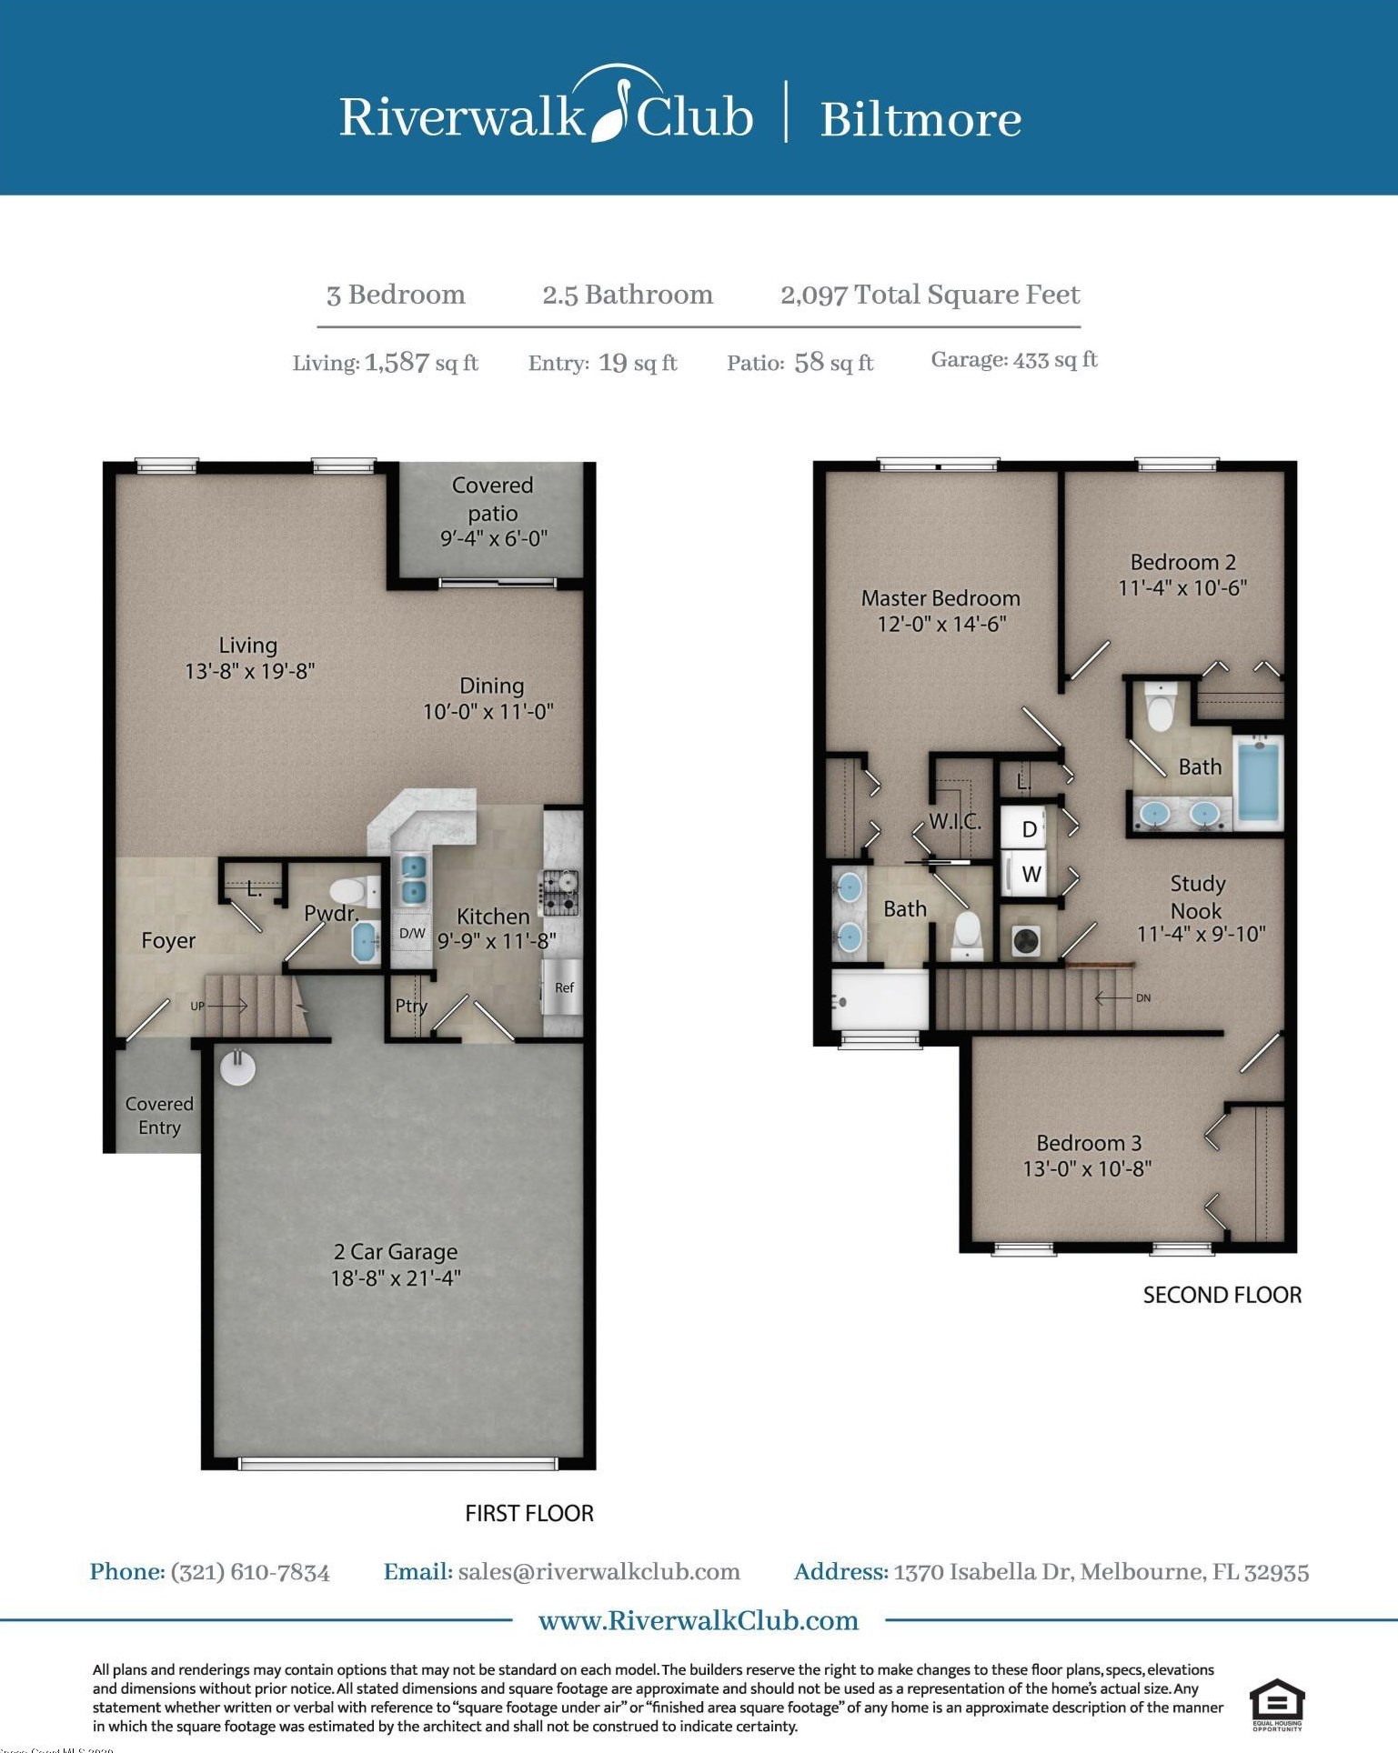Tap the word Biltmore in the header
[920, 119]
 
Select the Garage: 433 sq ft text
[1014, 360]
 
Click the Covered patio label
[492, 499]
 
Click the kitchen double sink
[413, 879]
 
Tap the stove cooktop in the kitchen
[560, 892]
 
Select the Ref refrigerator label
[564, 987]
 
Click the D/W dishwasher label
[412, 933]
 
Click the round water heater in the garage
[237, 1067]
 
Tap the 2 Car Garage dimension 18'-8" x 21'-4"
[396, 1278]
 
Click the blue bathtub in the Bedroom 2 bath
[1259, 781]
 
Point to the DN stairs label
[1143, 998]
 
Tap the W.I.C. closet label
[955, 823]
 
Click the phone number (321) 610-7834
[250, 1572]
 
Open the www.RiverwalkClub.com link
[699, 1620]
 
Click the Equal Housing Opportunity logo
[1277, 1705]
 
